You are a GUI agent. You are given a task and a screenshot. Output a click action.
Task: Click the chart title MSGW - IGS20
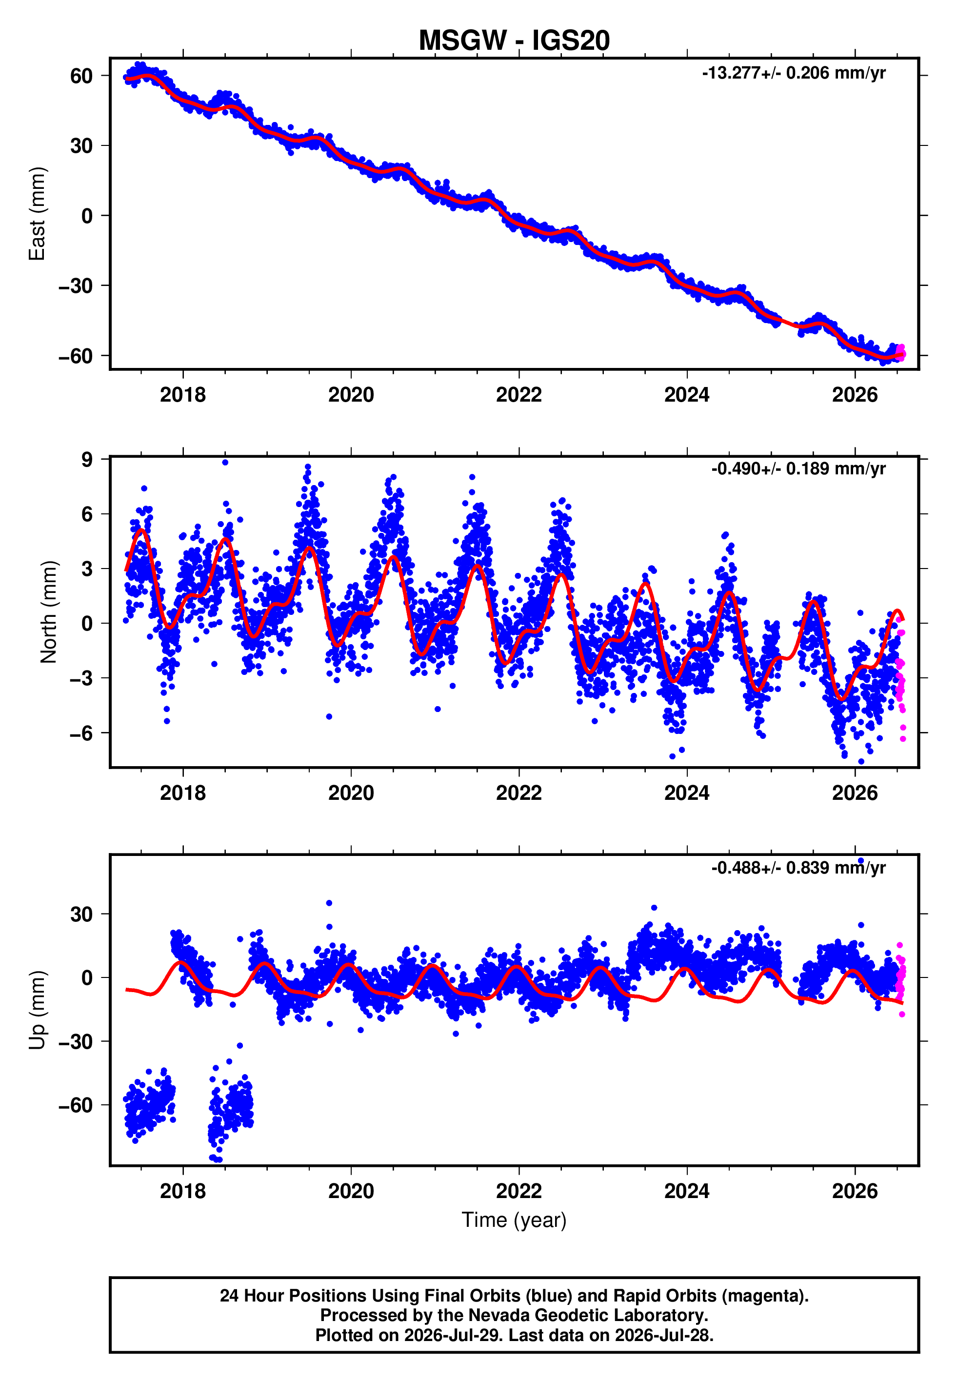point(514,41)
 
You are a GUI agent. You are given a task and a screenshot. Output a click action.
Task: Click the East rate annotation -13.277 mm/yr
point(794,73)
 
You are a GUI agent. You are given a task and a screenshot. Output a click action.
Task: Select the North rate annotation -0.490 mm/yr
point(798,468)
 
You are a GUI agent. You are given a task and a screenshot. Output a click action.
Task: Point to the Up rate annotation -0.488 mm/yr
point(798,867)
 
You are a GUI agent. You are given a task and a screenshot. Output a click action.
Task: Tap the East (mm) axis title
point(37,214)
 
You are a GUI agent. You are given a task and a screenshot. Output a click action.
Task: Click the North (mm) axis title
point(49,612)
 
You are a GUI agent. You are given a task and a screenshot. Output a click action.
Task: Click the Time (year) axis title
point(514,1220)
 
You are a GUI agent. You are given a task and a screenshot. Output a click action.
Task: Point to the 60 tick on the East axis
point(81,76)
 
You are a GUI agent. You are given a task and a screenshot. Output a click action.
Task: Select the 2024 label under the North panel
point(687,793)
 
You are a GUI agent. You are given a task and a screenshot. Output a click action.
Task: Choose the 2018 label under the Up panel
point(183,1191)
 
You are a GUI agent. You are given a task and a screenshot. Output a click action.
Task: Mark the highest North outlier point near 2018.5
point(225,463)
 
